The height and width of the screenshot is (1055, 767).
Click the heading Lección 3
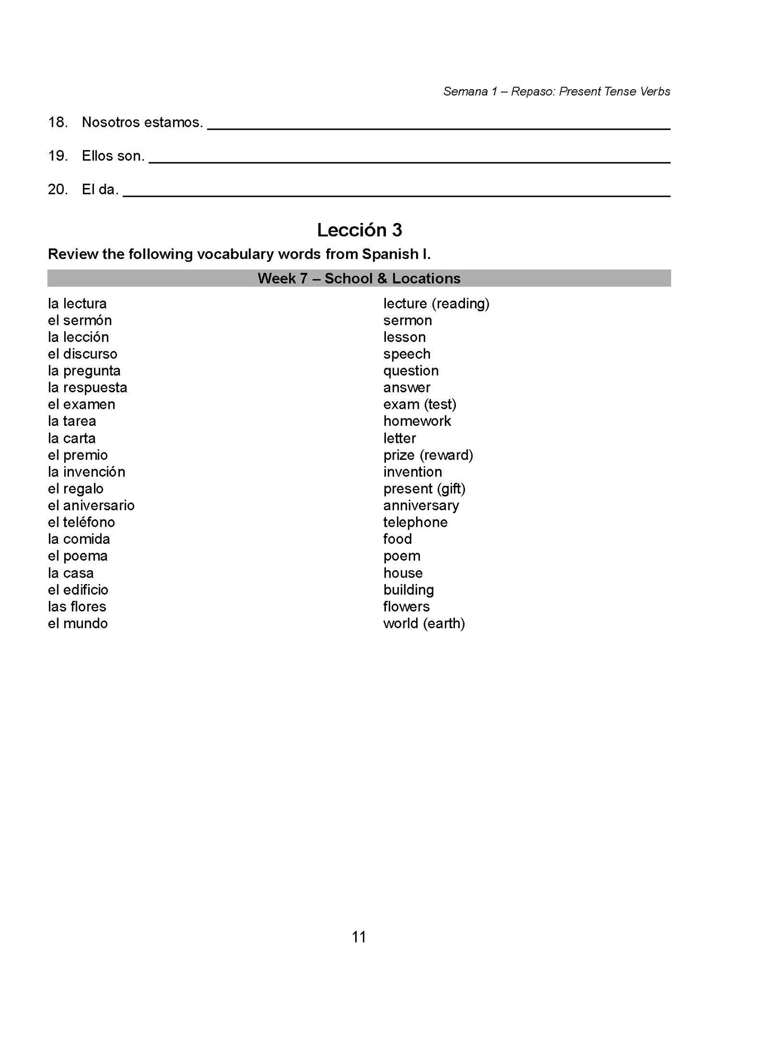point(359,230)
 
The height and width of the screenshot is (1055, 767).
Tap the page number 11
point(359,937)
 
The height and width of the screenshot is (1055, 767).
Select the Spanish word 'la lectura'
point(77,304)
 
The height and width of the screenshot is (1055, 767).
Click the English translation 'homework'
point(417,421)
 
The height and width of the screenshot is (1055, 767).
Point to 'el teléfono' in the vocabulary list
point(81,522)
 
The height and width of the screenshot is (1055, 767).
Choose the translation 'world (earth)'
point(424,623)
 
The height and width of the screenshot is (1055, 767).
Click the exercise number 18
point(57,123)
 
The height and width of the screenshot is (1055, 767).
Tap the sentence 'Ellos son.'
point(113,156)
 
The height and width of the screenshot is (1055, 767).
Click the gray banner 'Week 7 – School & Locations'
point(359,278)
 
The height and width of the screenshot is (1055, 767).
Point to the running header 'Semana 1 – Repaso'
point(556,91)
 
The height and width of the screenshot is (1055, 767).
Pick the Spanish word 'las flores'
point(77,606)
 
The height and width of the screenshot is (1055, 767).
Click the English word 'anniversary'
point(421,505)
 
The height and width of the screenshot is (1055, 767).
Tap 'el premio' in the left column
point(77,455)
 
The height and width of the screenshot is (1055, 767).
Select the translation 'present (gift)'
point(424,488)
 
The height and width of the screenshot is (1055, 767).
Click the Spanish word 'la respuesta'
point(88,388)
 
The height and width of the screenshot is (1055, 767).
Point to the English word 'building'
point(408,590)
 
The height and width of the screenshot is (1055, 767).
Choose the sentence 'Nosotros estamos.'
point(142,123)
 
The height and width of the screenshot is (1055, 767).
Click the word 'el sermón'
point(80,321)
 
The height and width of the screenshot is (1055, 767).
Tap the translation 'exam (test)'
point(419,405)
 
